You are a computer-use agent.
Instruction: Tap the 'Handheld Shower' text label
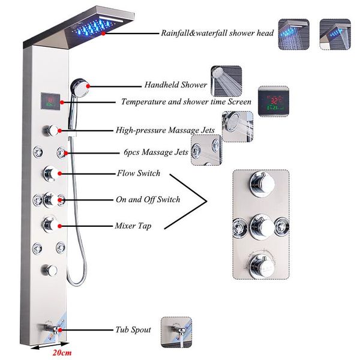coord(175,85)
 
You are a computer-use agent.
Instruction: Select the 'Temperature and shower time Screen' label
coord(185,101)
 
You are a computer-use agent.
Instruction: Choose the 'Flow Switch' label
coord(138,173)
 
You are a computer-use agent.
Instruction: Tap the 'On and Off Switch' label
coord(148,199)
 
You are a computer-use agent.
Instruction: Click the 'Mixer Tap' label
coord(133,226)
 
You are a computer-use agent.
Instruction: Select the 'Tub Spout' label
coord(133,330)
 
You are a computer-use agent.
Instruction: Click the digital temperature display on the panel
coord(50,101)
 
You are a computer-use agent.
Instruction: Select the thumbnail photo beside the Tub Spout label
coord(176,329)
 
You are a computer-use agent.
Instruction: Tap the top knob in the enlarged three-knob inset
coord(260,180)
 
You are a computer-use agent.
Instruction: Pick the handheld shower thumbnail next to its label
coord(226,81)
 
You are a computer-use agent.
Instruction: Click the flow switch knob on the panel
coord(50,174)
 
